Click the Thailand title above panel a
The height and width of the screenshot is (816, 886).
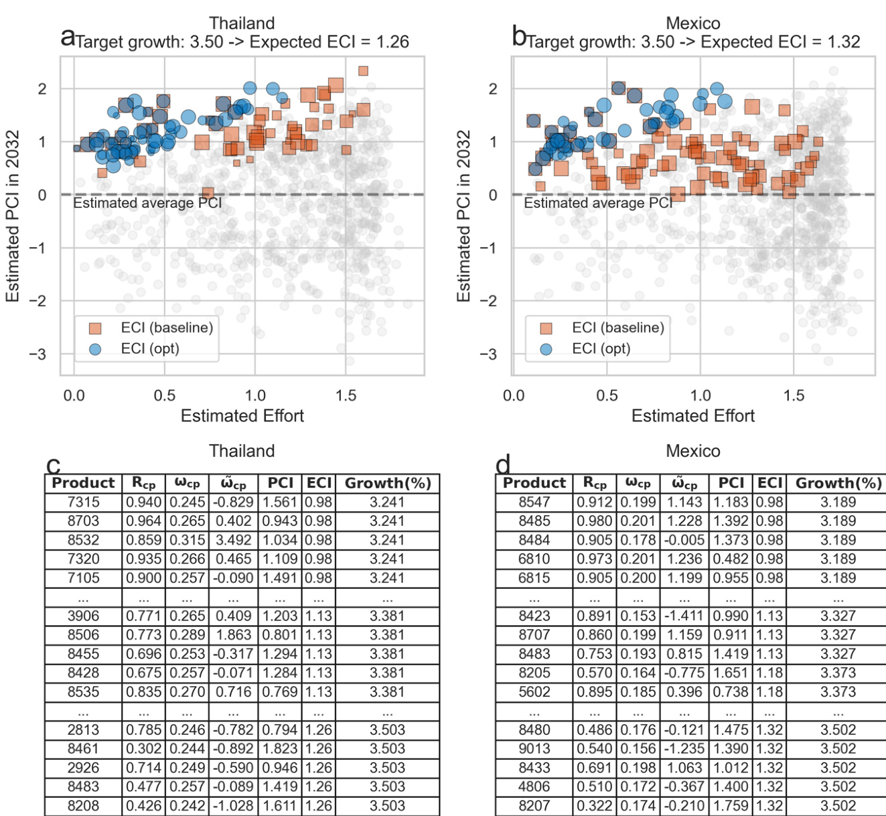(x=242, y=23)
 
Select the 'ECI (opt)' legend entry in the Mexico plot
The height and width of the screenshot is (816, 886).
(x=601, y=348)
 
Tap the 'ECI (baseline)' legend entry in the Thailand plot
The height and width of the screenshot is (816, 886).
(x=167, y=328)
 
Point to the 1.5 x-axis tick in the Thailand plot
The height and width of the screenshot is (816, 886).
(x=346, y=395)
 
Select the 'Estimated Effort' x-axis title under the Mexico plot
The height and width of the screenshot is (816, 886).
(x=693, y=416)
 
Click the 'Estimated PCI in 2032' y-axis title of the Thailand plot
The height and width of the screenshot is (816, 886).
(x=12, y=216)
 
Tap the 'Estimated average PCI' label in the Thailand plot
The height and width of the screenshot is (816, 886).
(x=147, y=203)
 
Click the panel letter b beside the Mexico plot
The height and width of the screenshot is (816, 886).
(x=519, y=36)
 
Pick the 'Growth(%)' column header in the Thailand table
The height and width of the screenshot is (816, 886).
(x=387, y=483)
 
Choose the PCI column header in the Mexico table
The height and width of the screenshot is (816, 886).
(x=731, y=483)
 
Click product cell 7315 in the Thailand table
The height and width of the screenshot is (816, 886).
(x=84, y=502)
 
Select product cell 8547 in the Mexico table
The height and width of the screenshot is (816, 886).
(x=534, y=502)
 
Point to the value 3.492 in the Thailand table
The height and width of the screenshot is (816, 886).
(x=234, y=540)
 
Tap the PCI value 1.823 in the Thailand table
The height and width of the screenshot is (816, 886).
(x=280, y=749)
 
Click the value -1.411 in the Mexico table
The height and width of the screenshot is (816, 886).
(x=684, y=616)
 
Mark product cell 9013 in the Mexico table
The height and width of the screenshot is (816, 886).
(x=534, y=749)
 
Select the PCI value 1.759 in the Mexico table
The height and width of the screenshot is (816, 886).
(x=731, y=806)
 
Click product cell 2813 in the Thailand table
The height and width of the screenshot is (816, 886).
(x=84, y=730)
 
